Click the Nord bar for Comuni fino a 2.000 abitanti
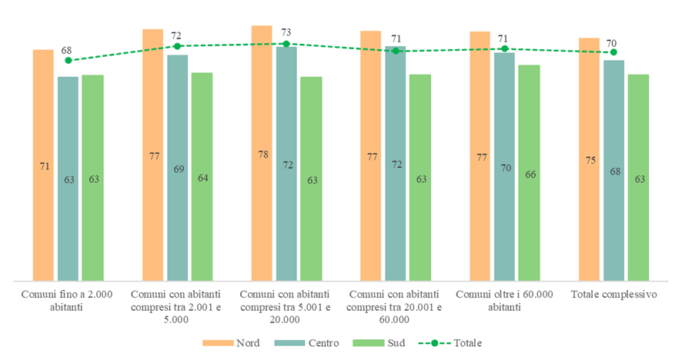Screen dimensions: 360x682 coord(43,165)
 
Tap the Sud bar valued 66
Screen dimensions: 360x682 coord(529,173)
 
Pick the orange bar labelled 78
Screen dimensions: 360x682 coord(262,154)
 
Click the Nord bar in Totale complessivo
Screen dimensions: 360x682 coord(589,159)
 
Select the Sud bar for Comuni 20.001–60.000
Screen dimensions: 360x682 coord(420,178)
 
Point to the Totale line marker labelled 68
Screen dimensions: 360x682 coord(68,60)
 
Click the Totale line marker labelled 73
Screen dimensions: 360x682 coord(286,44)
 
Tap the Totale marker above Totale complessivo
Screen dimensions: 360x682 coord(613,52)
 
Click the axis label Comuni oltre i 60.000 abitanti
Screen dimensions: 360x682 coord(504,301)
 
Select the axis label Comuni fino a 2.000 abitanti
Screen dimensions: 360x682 coord(68,301)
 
